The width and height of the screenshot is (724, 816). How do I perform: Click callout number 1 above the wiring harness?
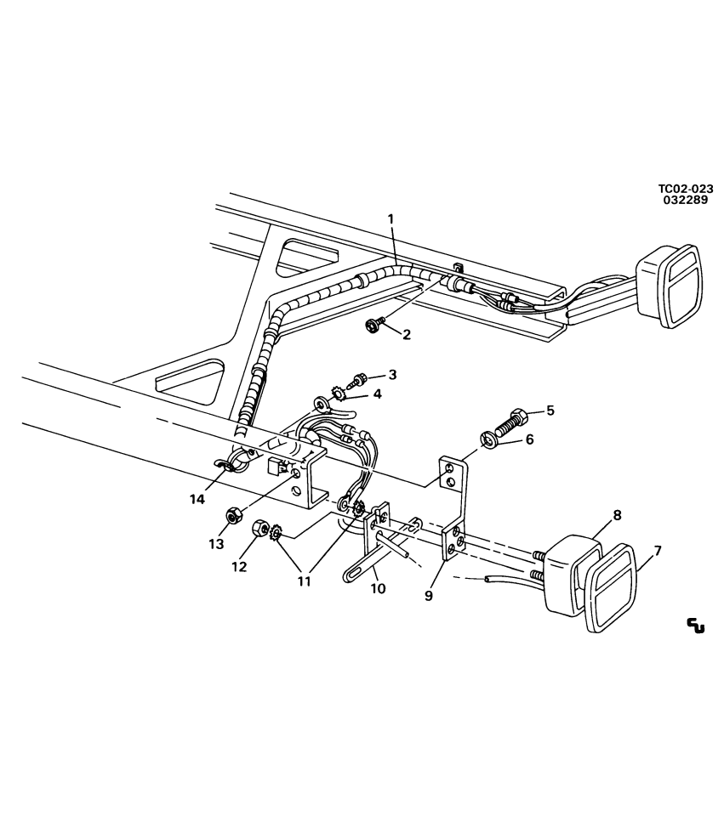pyautogui.click(x=391, y=219)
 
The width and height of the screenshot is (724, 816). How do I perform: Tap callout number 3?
pyautogui.click(x=392, y=374)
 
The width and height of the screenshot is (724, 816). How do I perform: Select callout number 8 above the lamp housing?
pyautogui.click(x=617, y=515)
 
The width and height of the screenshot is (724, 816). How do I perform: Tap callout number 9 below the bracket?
pyautogui.click(x=429, y=595)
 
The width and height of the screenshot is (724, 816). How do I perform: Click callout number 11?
pyautogui.click(x=304, y=581)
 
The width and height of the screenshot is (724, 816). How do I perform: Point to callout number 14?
pyautogui.click(x=197, y=499)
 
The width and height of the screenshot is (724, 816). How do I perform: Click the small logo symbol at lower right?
pyautogui.click(x=695, y=626)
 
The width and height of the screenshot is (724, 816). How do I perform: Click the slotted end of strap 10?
pyautogui.click(x=351, y=577)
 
